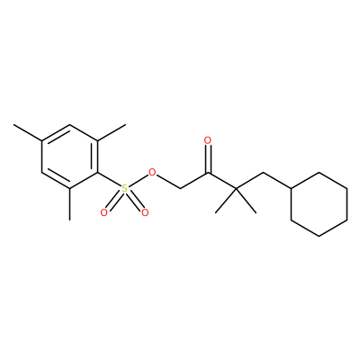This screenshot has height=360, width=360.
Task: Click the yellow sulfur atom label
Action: click(x=124, y=189)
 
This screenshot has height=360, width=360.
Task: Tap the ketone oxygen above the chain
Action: click(x=207, y=140)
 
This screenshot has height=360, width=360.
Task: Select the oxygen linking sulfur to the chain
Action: click(x=153, y=173)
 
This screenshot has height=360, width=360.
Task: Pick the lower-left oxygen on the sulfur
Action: click(x=104, y=212)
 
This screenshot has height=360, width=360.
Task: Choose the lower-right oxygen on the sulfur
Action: click(x=145, y=212)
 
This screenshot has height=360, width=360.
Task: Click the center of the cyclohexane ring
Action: click(x=319, y=204)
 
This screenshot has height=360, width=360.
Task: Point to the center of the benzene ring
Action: click(x=69, y=157)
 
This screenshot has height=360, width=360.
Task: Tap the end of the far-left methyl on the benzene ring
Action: click(x=13, y=124)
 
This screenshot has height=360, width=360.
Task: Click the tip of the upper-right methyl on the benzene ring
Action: click(x=126, y=124)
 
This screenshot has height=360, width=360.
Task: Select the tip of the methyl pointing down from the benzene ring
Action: click(x=69, y=220)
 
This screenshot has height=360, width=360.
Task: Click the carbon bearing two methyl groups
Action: click(x=236, y=189)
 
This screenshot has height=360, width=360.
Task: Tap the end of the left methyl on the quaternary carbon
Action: click(x=216, y=213)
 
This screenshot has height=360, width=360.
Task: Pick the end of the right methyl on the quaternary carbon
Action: click(x=256, y=213)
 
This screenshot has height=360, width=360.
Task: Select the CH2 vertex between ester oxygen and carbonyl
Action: click(x=180, y=189)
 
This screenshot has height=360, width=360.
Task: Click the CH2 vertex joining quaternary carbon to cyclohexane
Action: click(x=263, y=173)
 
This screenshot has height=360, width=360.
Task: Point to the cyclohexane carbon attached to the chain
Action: click(x=292, y=188)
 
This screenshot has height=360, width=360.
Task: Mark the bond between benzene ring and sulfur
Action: click(x=109, y=181)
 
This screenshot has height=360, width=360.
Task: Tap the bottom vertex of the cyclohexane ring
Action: click(x=319, y=236)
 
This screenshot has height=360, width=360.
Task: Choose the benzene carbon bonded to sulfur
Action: click(x=98, y=173)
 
